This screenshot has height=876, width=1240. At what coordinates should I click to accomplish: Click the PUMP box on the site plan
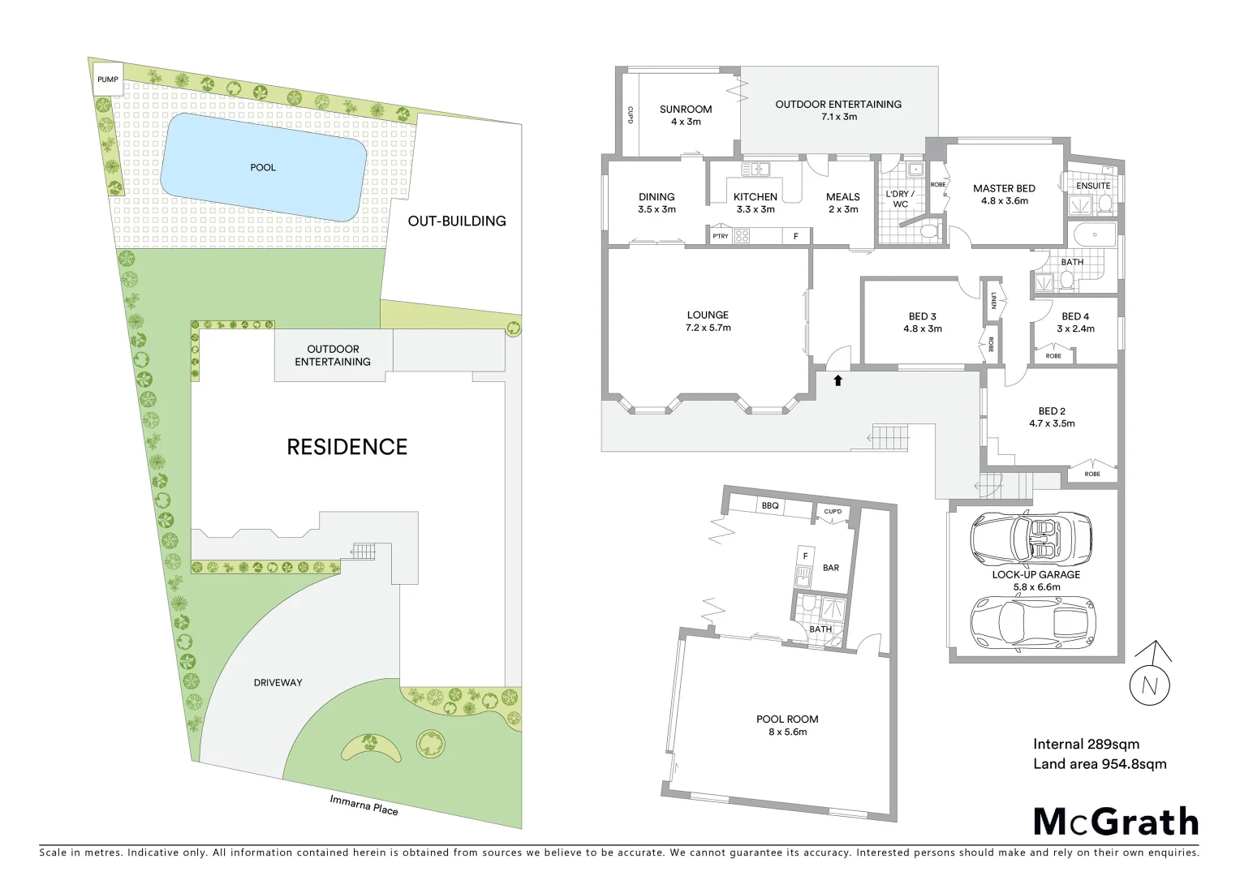107,79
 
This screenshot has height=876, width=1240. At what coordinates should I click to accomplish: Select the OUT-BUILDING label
456,221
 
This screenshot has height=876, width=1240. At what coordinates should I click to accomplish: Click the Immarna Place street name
364,804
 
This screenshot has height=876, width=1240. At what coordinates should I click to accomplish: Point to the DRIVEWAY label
278,682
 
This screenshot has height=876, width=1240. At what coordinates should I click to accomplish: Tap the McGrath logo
1115,822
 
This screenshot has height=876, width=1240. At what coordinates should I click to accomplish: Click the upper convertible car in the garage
1031,539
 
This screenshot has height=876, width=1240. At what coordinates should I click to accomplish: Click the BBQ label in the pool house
769,506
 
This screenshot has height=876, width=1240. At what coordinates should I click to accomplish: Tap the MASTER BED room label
1004,188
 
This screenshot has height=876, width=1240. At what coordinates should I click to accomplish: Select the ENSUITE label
1092,186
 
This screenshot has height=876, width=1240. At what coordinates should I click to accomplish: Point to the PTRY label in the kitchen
720,236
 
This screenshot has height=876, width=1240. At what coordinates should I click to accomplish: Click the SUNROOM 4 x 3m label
686,114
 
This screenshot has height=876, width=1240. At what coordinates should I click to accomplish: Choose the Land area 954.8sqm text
1099,763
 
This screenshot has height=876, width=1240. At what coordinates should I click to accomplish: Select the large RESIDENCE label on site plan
347,446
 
